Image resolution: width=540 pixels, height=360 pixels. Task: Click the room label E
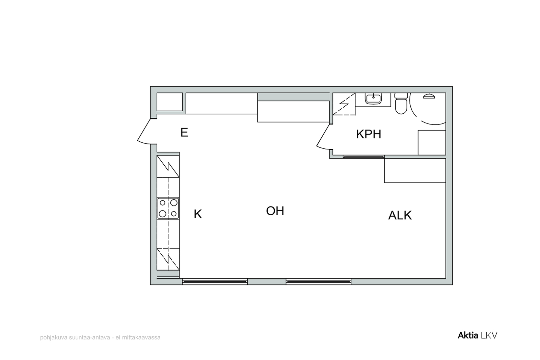point(184,133)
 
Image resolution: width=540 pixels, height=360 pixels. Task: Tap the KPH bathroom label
point(369,134)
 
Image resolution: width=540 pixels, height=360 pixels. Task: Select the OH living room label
point(275,211)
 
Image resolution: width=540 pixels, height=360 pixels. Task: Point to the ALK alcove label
point(400,215)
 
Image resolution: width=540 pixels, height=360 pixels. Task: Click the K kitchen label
point(198,214)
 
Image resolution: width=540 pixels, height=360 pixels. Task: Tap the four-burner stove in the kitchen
point(168,208)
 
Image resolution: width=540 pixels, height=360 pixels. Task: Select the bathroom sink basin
point(373,99)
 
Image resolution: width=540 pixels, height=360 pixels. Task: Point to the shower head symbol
point(429,96)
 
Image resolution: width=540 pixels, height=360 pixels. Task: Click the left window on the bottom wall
point(215,281)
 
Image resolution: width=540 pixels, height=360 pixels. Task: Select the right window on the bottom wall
point(319,281)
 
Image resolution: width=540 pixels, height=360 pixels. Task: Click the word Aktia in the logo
point(468,335)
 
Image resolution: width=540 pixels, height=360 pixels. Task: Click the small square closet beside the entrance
point(170,102)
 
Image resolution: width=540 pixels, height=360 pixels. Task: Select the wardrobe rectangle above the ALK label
point(415,170)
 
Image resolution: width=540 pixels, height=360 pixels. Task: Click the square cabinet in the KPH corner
point(432,142)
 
